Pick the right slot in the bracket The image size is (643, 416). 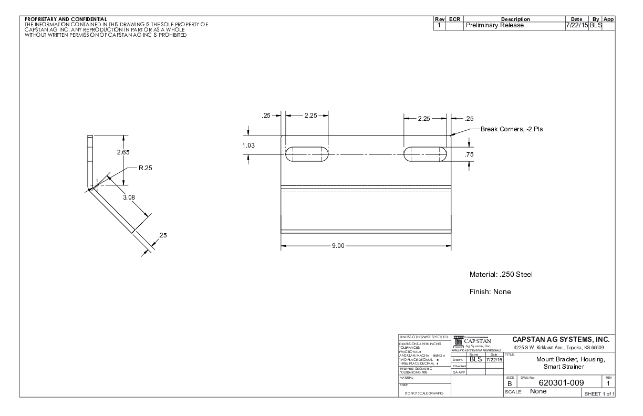click(x=426, y=154)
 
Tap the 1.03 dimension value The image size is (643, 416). click(x=252, y=145)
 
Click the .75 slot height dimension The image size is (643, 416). click(x=470, y=154)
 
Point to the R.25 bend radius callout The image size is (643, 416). click(x=145, y=169)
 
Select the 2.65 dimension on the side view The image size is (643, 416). click(x=123, y=152)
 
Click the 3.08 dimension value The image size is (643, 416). click(x=128, y=197)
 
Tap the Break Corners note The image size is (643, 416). click(x=512, y=129)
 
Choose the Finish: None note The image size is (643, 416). click(x=490, y=292)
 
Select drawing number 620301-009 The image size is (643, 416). click(x=555, y=384)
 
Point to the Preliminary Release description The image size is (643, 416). click(x=495, y=25)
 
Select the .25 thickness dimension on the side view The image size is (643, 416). click(x=162, y=235)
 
